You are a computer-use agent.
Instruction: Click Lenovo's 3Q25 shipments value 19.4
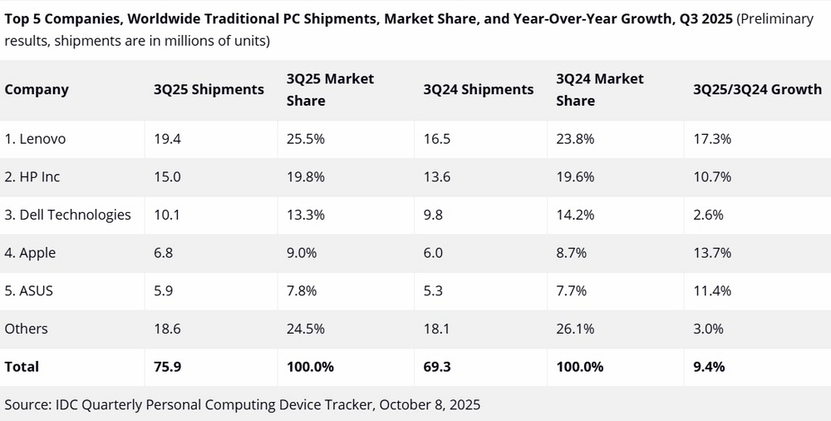pos(167,139)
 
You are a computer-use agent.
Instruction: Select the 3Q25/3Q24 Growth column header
pos(757,89)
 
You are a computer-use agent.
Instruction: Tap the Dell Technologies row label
pos(68,215)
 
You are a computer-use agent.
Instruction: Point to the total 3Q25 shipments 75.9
pos(168,367)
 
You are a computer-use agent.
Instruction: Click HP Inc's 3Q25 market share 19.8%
pos(306,176)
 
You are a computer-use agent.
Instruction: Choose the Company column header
pos(37,89)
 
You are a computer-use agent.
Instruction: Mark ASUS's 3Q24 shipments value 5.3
pos(432,291)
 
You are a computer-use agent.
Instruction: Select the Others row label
pos(26,329)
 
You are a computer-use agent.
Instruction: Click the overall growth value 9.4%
pos(709,367)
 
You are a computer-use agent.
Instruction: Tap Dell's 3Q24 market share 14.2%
pos(575,215)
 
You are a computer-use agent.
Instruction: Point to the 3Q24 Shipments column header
pos(478,89)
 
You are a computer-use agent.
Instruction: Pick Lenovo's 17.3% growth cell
pos(712,139)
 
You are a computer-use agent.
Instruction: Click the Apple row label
pos(30,253)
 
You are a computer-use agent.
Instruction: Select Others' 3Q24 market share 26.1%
pos(575,329)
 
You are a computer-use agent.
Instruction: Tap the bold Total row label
pos(22,367)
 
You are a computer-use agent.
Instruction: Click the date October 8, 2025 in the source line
pos(430,404)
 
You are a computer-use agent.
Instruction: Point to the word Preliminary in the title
pos(774,19)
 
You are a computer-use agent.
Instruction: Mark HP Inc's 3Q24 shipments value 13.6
pos(437,176)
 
